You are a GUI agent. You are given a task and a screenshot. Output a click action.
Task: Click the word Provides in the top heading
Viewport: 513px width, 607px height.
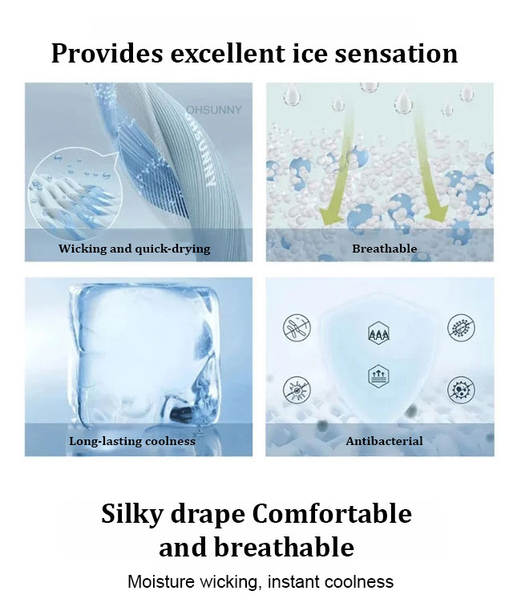click(x=107, y=54)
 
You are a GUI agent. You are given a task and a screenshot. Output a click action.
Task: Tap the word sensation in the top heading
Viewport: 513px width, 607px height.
click(x=396, y=54)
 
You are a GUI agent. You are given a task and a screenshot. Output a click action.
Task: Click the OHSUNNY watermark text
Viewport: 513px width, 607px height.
click(x=213, y=110)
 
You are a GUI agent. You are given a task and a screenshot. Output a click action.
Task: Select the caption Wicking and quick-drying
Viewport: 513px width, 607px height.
click(x=134, y=249)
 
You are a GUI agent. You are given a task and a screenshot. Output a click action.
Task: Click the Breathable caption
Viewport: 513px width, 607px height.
click(x=384, y=248)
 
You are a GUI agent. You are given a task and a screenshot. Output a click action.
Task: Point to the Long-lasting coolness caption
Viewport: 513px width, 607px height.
click(x=132, y=441)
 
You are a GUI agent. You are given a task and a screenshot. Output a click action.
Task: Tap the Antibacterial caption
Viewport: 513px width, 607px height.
click(x=384, y=441)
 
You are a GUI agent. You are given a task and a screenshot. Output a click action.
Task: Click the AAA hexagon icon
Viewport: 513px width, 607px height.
click(x=378, y=333)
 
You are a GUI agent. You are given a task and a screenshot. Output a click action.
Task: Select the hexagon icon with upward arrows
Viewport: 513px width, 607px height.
click(x=378, y=376)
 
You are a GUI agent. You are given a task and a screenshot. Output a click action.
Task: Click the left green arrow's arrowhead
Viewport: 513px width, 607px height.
click(x=331, y=215)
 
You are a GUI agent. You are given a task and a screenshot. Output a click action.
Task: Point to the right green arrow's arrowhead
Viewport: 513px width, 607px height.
click(x=437, y=215)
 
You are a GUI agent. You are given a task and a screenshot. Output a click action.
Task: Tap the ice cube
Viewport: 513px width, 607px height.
click(x=145, y=356)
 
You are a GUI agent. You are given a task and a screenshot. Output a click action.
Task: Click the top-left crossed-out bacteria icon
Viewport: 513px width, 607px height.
click(x=297, y=328)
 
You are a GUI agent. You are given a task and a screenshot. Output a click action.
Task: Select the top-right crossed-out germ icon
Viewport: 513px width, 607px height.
click(x=461, y=328)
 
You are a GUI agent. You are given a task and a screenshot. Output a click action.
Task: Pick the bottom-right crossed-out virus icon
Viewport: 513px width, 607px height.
click(x=461, y=390)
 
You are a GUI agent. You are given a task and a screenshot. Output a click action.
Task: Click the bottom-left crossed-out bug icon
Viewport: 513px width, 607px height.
click(x=297, y=390)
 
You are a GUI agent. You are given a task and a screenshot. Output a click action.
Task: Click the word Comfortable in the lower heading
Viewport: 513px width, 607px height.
click(x=332, y=514)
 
